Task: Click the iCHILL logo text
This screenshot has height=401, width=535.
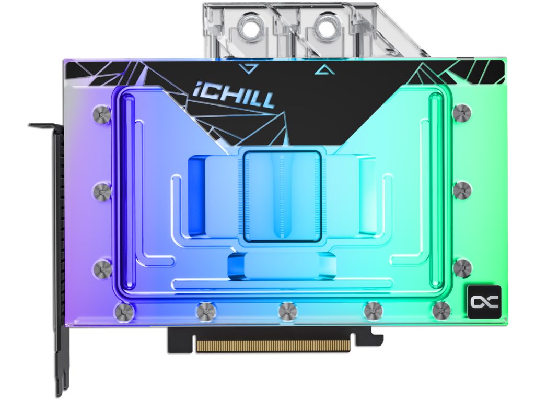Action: click(234, 95)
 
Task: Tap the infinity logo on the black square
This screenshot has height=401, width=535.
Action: click(484, 301)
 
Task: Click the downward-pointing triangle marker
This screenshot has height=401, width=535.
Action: click(249, 68)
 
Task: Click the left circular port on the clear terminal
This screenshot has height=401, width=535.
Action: click(252, 26)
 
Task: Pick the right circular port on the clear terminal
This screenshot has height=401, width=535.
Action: click(329, 26)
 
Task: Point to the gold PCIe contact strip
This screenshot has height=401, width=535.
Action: click(273, 346)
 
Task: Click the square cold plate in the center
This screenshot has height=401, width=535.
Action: click(282, 196)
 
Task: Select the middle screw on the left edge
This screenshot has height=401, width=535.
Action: click(102, 192)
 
